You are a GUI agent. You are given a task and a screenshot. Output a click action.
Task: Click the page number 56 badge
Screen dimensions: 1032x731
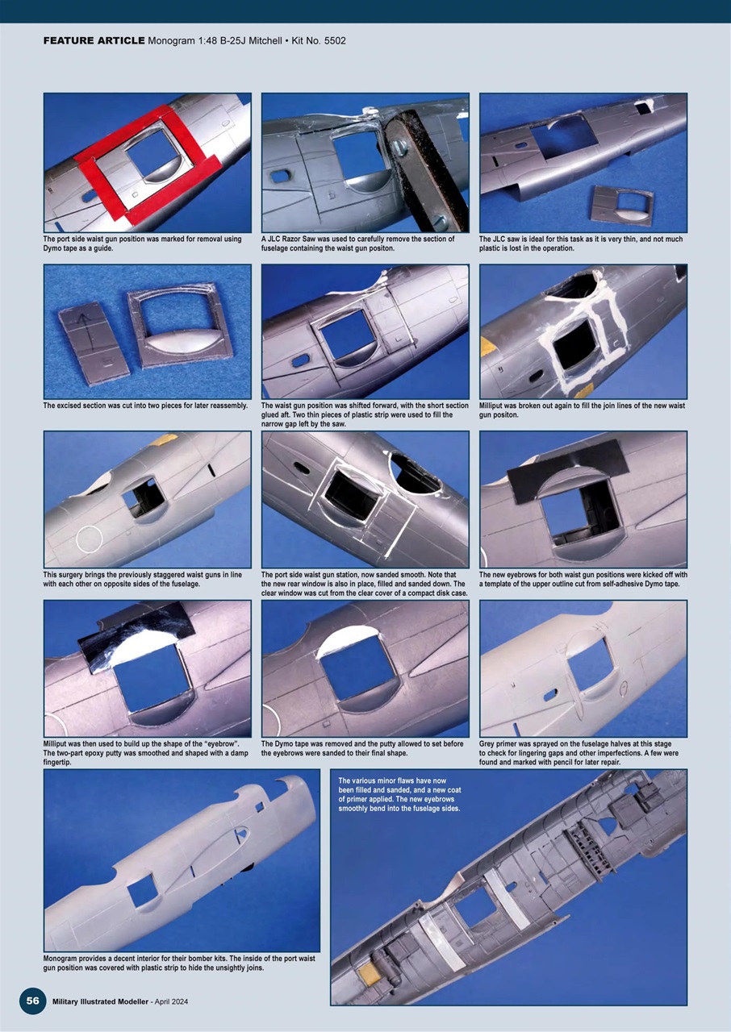click(32, 1001)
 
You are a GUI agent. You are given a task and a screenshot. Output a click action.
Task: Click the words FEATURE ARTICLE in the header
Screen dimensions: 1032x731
click(94, 40)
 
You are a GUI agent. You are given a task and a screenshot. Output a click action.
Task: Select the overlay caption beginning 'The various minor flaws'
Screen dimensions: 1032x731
click(399, 794)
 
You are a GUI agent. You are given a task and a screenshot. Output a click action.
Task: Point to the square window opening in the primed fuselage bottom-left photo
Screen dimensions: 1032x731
click(143, 890)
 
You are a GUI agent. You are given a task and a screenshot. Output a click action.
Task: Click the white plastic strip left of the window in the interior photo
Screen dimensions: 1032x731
click(436, 935)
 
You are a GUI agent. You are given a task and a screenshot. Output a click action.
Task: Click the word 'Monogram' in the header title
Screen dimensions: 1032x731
click(173, 40)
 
